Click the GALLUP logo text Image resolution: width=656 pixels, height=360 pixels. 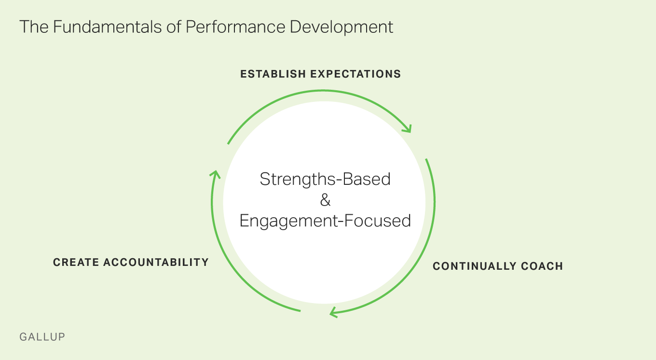[x=42, y=337]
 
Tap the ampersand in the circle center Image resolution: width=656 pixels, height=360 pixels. [x=325, y=200]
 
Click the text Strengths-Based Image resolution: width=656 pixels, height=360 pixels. [x=325, y=179]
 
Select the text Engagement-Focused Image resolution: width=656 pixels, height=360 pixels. [x=325, y=221]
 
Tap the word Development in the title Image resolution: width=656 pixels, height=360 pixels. [x=342, y=27]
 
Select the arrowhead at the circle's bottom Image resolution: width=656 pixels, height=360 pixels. [x=333, y=313]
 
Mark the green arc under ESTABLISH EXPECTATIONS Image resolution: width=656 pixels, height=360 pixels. [x=318, y=90]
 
